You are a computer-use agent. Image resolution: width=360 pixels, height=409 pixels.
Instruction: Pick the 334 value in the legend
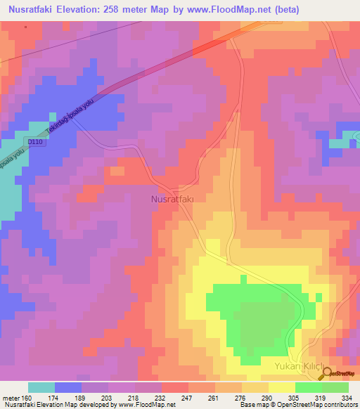coord(348,396)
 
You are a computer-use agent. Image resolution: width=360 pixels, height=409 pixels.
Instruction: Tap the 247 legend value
coord(188,396)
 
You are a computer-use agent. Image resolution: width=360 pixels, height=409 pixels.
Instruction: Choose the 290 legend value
coord(268,396)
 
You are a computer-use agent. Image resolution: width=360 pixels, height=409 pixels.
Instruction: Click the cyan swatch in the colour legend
coord(41,387)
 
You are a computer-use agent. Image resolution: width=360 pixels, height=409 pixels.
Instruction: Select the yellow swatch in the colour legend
coord(281,387)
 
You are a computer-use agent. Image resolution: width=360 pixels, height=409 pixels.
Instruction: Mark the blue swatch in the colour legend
coord(68,387)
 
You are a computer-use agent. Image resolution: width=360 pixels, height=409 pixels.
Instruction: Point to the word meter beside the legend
coord(10,396)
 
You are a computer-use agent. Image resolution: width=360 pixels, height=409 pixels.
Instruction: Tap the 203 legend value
coord(108,396)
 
